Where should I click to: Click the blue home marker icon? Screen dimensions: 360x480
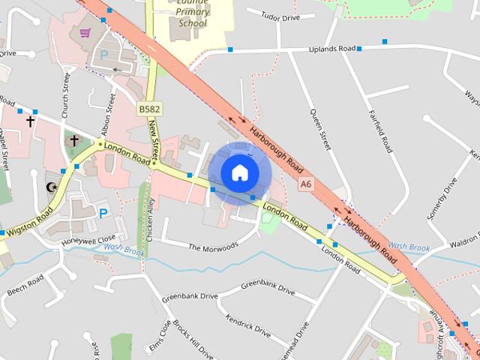click(239, 173)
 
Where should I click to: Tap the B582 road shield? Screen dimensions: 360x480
click(148, 109)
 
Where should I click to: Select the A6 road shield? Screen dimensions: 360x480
click(305, 183)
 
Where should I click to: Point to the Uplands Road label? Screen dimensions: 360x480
click(332, 49)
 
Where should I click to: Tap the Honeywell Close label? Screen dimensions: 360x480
click(88, 241)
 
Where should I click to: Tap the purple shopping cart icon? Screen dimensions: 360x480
click(85, 33)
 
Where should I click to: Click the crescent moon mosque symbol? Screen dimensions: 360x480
click(52, 187)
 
